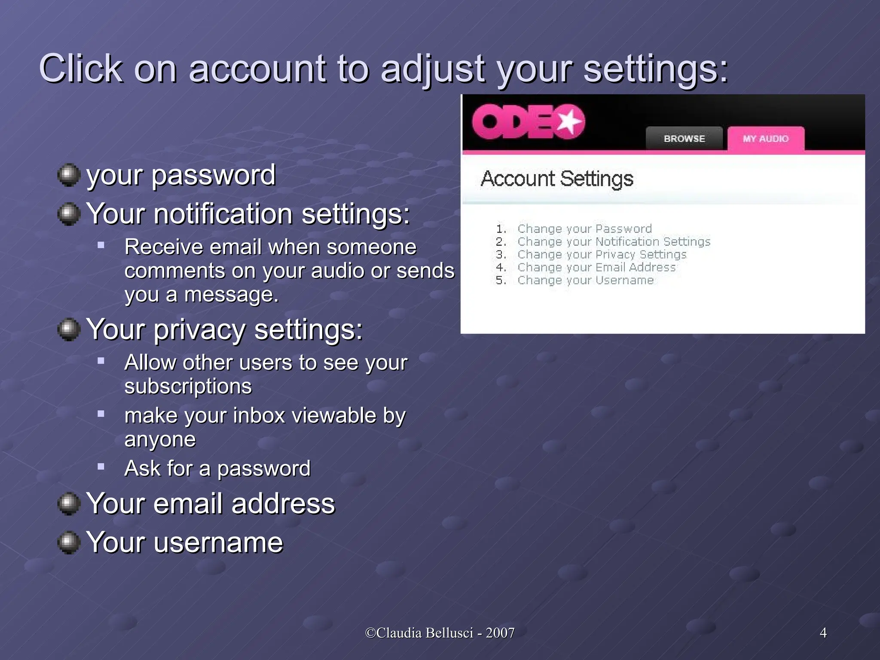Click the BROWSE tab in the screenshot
684,139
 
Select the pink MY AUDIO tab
766,139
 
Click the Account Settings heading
557,179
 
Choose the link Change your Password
584,229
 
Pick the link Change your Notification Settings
614,241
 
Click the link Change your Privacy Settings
602,254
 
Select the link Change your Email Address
596,267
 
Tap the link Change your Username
585,280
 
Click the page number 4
823,632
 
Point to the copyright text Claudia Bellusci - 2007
440,632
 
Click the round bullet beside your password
69,175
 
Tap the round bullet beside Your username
69,542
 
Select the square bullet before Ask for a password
101,467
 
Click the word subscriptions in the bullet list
188,386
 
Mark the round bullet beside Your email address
69,503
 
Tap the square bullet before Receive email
101,245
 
